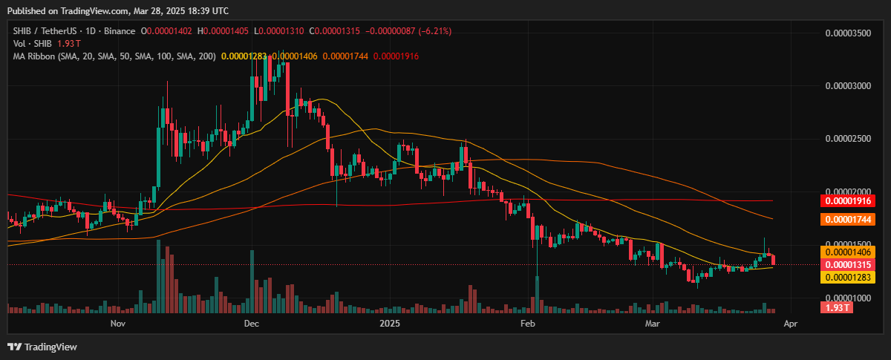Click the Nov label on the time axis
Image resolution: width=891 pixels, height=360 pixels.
tap(117, 324)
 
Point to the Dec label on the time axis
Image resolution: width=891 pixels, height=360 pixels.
tap(250, 324)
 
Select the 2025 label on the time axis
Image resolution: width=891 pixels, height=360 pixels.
tap(389, 324)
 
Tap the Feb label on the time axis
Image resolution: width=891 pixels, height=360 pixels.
tap(527, 324)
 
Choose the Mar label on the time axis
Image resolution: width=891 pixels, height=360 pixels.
tap(652, 324)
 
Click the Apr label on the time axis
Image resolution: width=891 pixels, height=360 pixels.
tap(791, 324)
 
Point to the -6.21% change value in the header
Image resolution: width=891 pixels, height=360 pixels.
tap(436, 31)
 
